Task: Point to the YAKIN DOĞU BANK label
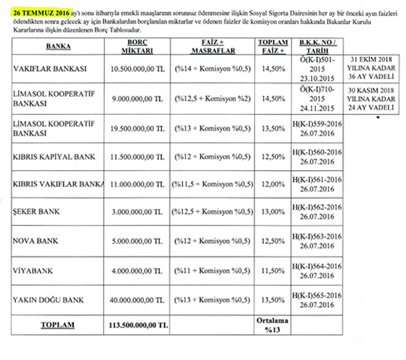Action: [48, 299]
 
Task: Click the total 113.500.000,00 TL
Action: [134, 325]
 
